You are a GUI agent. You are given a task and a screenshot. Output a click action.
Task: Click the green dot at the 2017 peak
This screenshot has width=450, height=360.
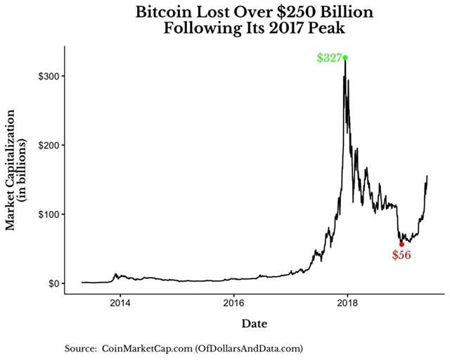(x=345, y=58)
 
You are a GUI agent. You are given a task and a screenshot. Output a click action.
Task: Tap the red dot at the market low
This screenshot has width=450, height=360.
(x=401, y=244)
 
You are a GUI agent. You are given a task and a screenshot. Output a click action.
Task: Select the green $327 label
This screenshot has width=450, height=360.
(x=328, y=58)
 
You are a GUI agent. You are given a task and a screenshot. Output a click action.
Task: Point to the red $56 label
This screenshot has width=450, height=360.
(x=401, y=255)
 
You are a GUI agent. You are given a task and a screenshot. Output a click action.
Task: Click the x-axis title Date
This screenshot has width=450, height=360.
(x=254, y=323)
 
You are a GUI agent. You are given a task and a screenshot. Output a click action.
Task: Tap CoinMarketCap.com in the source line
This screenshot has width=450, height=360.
(x=145, y=348)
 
